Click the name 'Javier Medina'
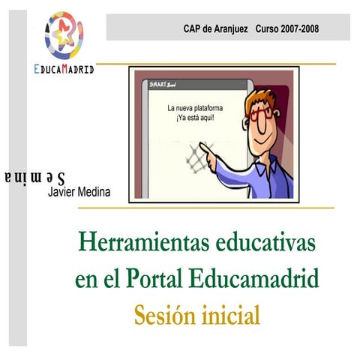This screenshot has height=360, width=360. (x=79, y=192)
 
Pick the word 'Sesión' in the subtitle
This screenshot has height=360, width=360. (x=164, y=314)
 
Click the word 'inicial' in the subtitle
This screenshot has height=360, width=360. (x=232, y=314)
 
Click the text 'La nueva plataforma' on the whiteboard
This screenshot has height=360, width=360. (x=195, y=109)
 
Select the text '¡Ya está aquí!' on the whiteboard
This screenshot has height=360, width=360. (x=195, y=118)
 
